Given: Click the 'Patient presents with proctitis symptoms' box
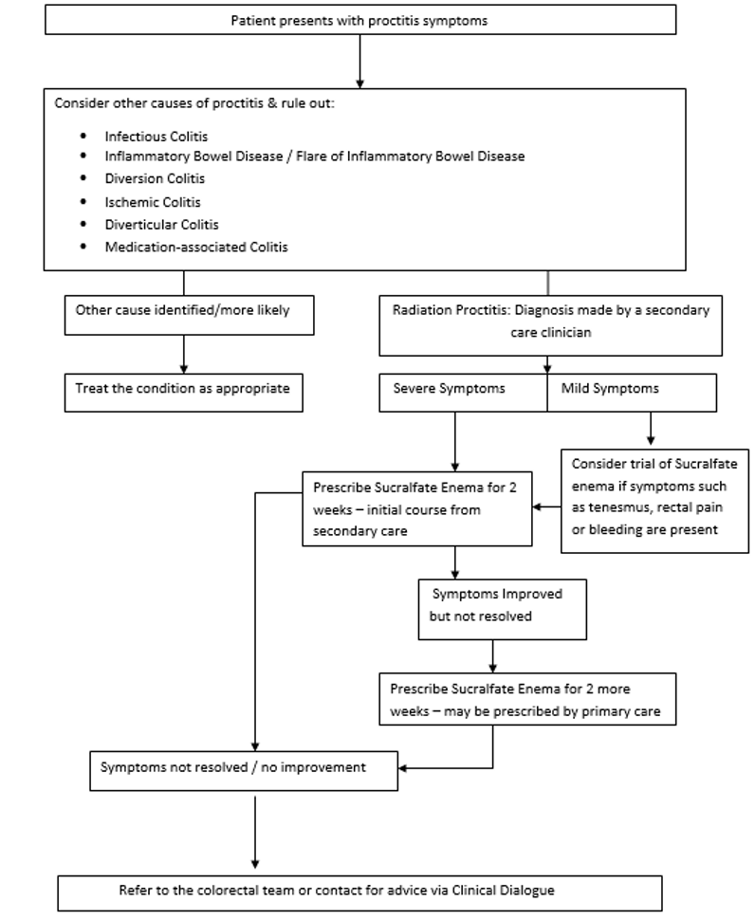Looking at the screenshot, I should pyautogui.click(x=359, y=20).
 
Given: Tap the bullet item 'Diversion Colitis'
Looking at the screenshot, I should pyautogui.click(x=155, y=178).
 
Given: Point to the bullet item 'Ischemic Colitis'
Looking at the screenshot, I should pyautogui.click(x=153, y=202).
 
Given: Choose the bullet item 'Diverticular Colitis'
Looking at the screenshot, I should pyautogui.click(x=161, y=225).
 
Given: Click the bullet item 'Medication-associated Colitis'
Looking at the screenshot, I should pyautogui.click(x=196, y=248).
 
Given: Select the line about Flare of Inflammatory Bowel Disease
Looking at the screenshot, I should pyautogui.click(x=314, y=156).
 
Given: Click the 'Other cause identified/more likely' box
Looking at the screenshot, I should pyautogui.click(x=189, y=314).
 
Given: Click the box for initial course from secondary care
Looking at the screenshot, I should pyautogui.click(x=417, y=508).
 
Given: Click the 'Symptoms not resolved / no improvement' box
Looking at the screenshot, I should pyautogui.click(x=244, y=768).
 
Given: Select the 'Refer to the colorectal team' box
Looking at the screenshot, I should pyautogui.click(x=359, y=892).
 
